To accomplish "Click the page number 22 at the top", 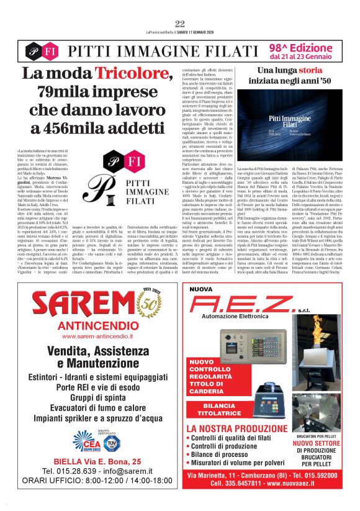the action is click(x=180, y=24).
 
